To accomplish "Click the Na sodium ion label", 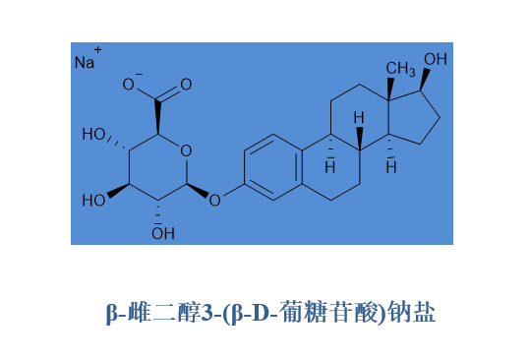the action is coord(85,63).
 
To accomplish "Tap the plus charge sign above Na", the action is coord(97,50).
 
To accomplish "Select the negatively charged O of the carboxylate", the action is coord(128,85).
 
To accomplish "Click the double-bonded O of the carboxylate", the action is coord(186,85).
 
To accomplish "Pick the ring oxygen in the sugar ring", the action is coord(186,150).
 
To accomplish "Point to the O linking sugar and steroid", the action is coord(214,201).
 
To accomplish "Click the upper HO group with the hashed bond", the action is coord(94,135).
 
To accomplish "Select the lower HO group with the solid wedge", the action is coord(94,201).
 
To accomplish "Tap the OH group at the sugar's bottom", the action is coord(163,233).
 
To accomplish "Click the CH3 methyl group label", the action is coord(400,69).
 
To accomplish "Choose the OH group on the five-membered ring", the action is coord(436,59).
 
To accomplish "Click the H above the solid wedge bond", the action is coord(359,118).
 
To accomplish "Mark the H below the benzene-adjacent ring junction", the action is coord(330,167).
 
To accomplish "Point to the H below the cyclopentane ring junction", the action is coord(391,167).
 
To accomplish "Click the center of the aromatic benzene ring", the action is coord(273,167).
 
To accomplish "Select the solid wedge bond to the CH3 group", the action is coord(389,89).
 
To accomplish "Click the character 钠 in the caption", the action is coord(399,313).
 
